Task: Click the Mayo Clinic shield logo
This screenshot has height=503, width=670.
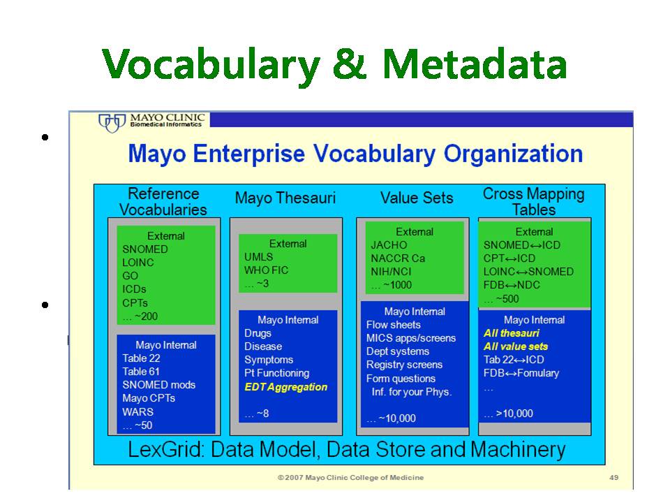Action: pyautogui.click(x=112, y=123)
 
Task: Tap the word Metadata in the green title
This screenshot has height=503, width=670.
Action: pyautogui.click(x=475, y=64)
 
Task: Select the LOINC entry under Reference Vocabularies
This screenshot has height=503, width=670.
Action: pyautogui.click(x=138, y=263)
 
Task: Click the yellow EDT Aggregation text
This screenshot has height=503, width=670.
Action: pyautogui.click(x=286, y=387)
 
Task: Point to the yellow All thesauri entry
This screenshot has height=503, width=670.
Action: pyautogui.click(x=512, y=333)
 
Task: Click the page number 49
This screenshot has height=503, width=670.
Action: pyautogui.click(x=614, y=477)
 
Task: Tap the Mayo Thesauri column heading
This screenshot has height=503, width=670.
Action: pyautogui.click(x=285, y=198)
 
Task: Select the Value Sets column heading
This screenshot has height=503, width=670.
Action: pyautogui.click(x=417, y=198)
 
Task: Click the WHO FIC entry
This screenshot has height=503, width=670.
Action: pyautogui.click(x=266, y=270)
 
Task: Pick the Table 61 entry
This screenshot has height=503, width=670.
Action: pyautogui.click(x=141, y=372)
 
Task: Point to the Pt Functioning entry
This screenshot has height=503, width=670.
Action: pyautogui.click(x=277, y=373)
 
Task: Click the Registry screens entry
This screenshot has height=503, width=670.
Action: pyautogui.click(x=404, y=365)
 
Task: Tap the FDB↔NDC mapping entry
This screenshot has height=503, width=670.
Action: pyautogui.click(x=512, y=285)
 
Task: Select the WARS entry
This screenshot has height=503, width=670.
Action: pyautogui.click(x=137, y=412)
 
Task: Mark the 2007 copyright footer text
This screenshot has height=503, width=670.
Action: pyautogui.click(x=350, y=477)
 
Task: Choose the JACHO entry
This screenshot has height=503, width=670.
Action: pyautogui.click(x=389, y=245)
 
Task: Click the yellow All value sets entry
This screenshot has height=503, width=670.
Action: pyautogui.click(x=516, y=347)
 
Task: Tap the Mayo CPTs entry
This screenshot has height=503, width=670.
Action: pyautogui.click(x=149, y=398)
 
